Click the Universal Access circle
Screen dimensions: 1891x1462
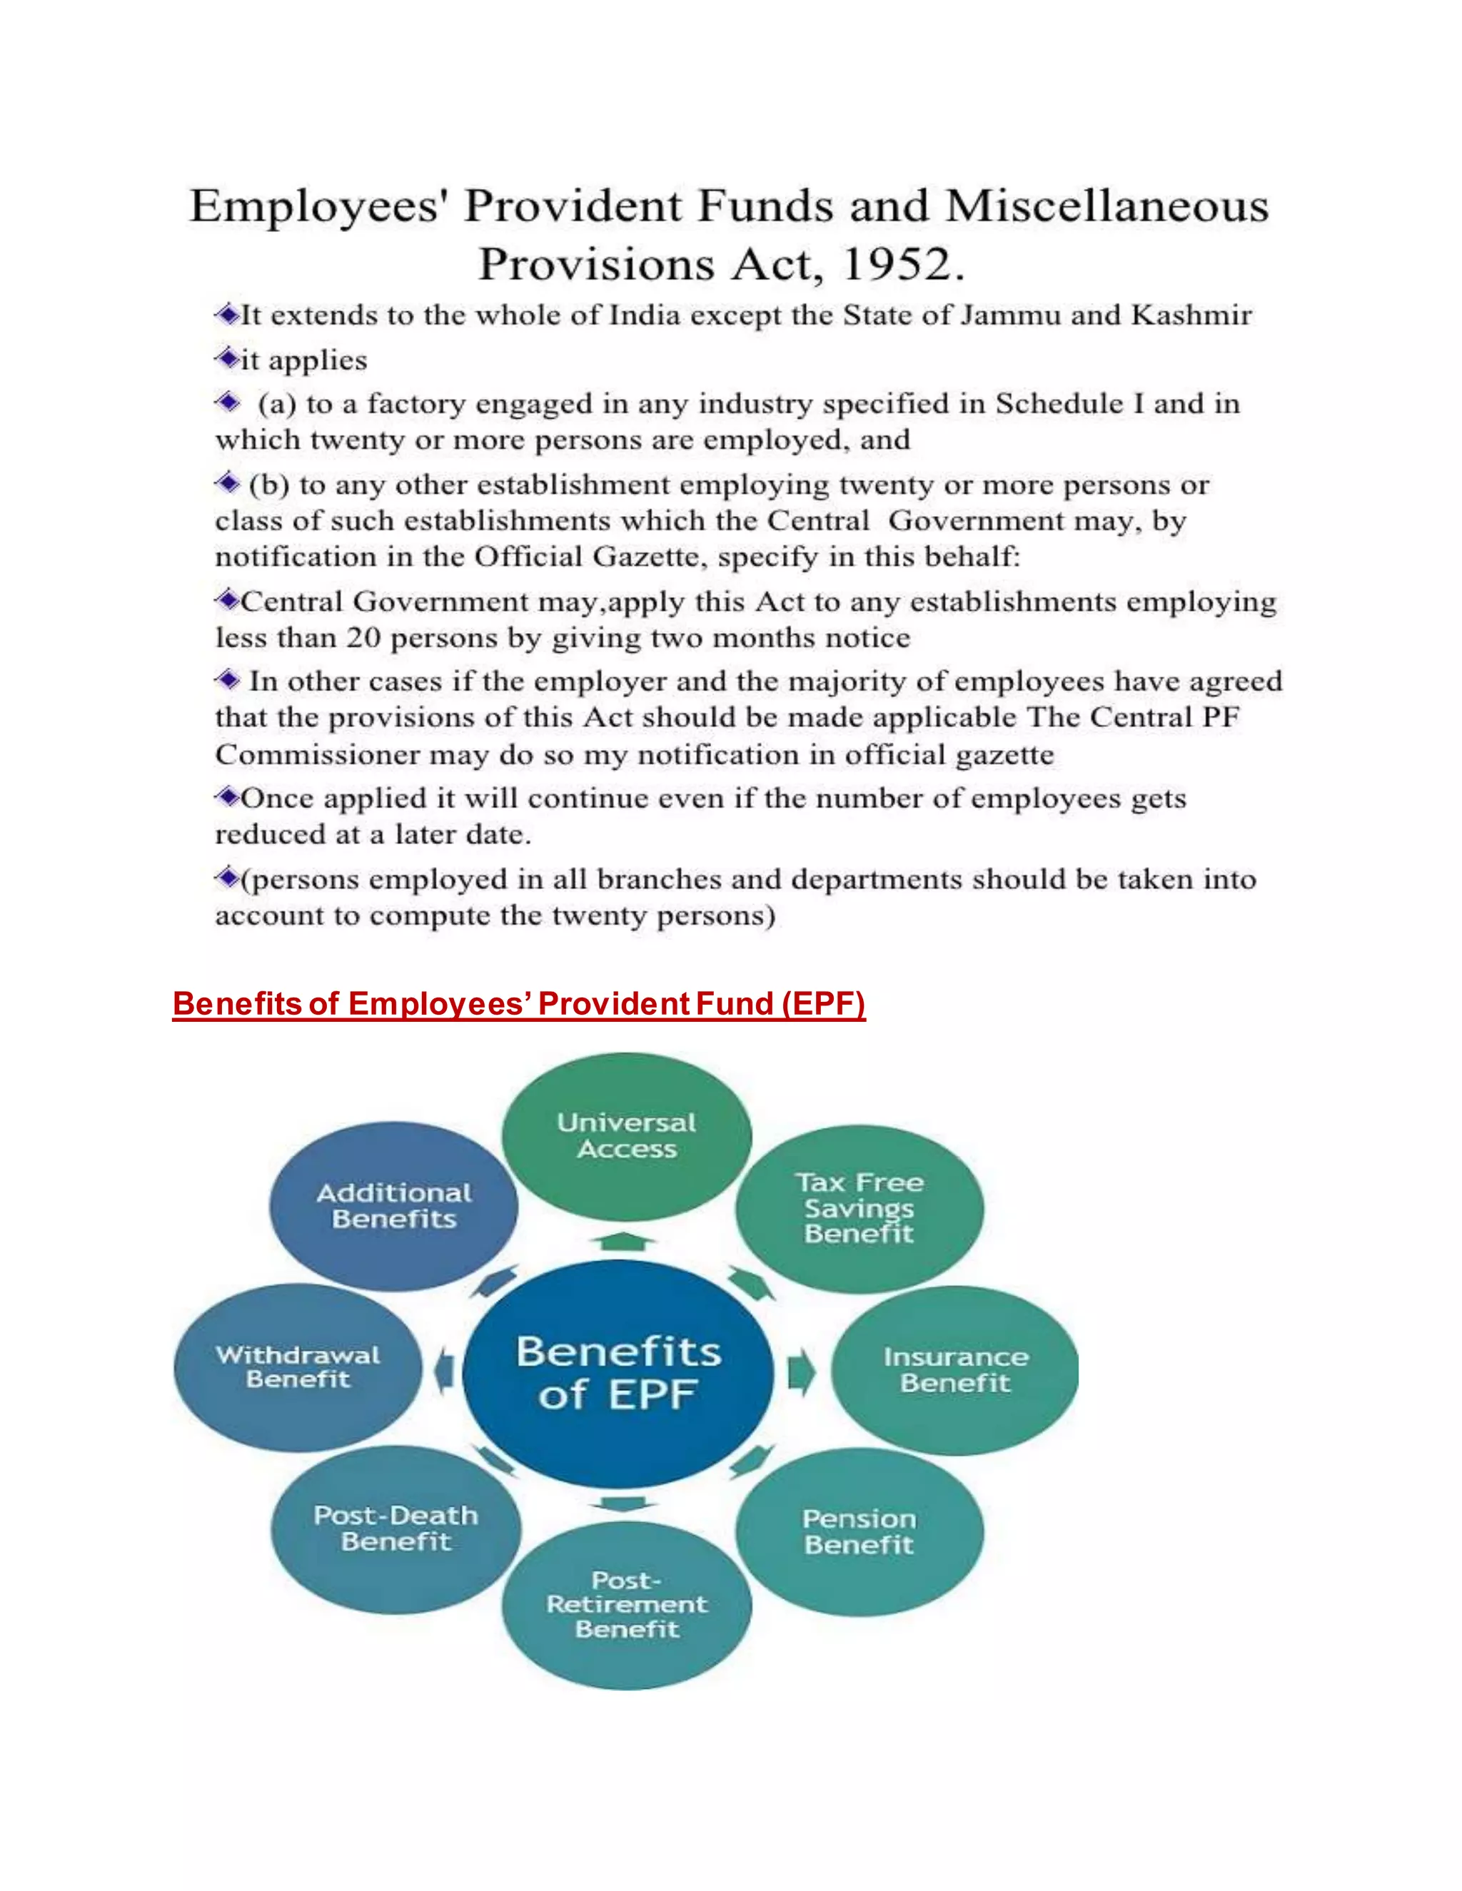[x=626, y=1136]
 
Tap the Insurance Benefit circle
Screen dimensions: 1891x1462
[x=954, y=1370]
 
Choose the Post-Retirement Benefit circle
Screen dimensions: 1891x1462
[x=626, y=1604]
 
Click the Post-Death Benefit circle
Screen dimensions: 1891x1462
[x=395, y=1528]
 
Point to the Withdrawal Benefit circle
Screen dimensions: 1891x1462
[x=298, y=1367]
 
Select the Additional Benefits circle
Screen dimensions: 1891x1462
[x=394, y=1205]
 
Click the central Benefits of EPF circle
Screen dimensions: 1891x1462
[x=618, y=1373]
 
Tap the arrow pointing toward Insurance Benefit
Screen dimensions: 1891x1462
[x=801, y=1372]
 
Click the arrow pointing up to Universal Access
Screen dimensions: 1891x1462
[x=622, y=1242]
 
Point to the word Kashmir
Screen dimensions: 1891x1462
[x=1191, y=315]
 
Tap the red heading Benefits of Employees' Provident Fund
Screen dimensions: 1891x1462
[x=518, y=1003]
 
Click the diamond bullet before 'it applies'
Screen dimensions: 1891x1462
[x=228, y=358]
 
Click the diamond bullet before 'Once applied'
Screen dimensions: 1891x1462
[x=228, y=796]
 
